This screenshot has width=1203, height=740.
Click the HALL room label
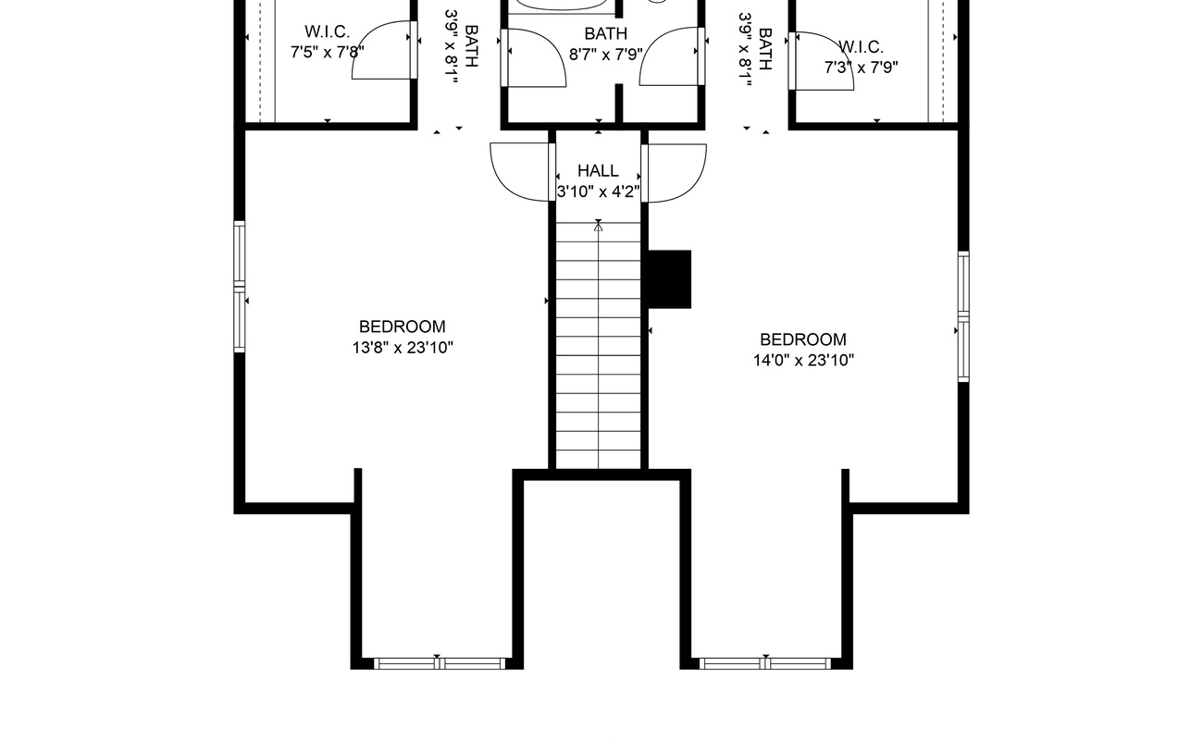[x=598, y=171]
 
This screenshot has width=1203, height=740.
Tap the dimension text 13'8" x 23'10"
[x=403, y=348]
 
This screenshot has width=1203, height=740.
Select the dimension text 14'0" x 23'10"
[x=803, y=361]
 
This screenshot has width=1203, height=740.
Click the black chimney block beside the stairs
[x=669, y=279]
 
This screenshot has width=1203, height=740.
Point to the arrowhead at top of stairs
[x=599, y=227]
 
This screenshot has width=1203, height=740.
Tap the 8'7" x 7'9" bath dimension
[x=606, y=55]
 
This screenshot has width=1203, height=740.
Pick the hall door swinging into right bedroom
[x=674, y=173]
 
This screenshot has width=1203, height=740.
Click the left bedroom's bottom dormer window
[x=440, y=664]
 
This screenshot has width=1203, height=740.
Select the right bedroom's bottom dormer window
[x=765, y=664]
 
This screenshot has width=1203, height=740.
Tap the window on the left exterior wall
[x=240, y=287]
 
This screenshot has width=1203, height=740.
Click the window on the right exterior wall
[x=963, y=317]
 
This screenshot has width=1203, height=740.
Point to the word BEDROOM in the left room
[x=403, y=327]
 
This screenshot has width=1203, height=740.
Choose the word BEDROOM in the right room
[x=803, y=339]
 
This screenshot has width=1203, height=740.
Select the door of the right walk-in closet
[x=821, y=61]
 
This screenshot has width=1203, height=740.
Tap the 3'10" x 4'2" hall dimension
[x=599, y=191]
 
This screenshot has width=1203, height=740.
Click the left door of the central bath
[x=533, y=57]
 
